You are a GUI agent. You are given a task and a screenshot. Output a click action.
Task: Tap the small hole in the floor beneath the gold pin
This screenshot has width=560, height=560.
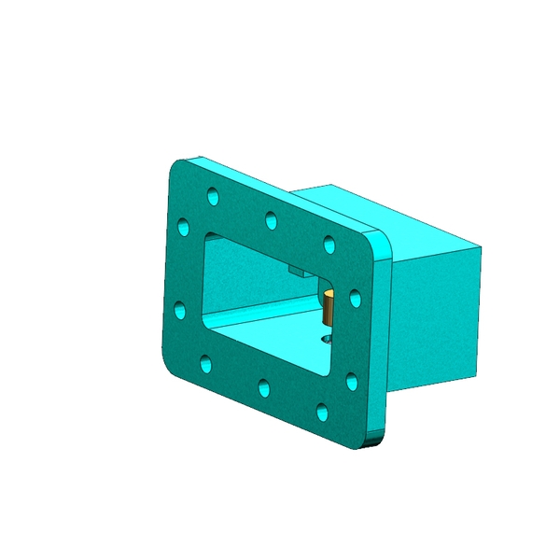326,340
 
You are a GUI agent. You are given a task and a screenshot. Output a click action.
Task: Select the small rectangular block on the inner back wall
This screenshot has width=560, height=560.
297,272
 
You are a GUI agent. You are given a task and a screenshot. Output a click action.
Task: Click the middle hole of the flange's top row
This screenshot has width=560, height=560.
271,220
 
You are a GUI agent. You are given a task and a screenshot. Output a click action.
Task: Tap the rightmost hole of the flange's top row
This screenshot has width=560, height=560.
329,244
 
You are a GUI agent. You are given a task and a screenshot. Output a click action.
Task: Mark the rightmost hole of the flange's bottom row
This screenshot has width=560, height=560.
322,410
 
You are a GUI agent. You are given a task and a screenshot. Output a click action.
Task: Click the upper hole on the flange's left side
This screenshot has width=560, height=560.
183,226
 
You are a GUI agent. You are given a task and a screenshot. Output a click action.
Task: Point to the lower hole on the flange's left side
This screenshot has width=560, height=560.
180,310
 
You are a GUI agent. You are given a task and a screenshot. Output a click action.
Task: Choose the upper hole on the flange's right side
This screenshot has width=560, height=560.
355,298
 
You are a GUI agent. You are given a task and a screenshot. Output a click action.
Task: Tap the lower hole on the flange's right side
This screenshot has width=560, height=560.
352,380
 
